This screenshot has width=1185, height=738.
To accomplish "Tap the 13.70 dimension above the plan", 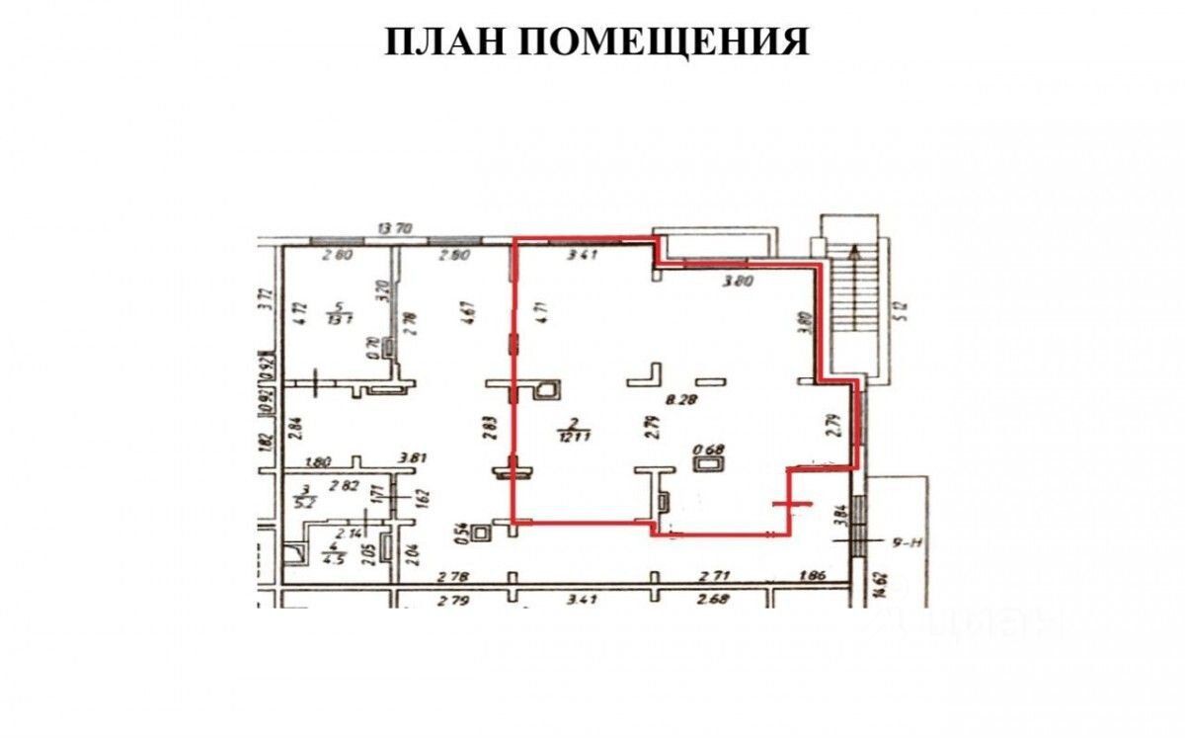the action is (x=395, y=229).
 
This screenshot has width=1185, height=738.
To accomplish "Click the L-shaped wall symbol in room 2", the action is (x=647, y=374).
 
